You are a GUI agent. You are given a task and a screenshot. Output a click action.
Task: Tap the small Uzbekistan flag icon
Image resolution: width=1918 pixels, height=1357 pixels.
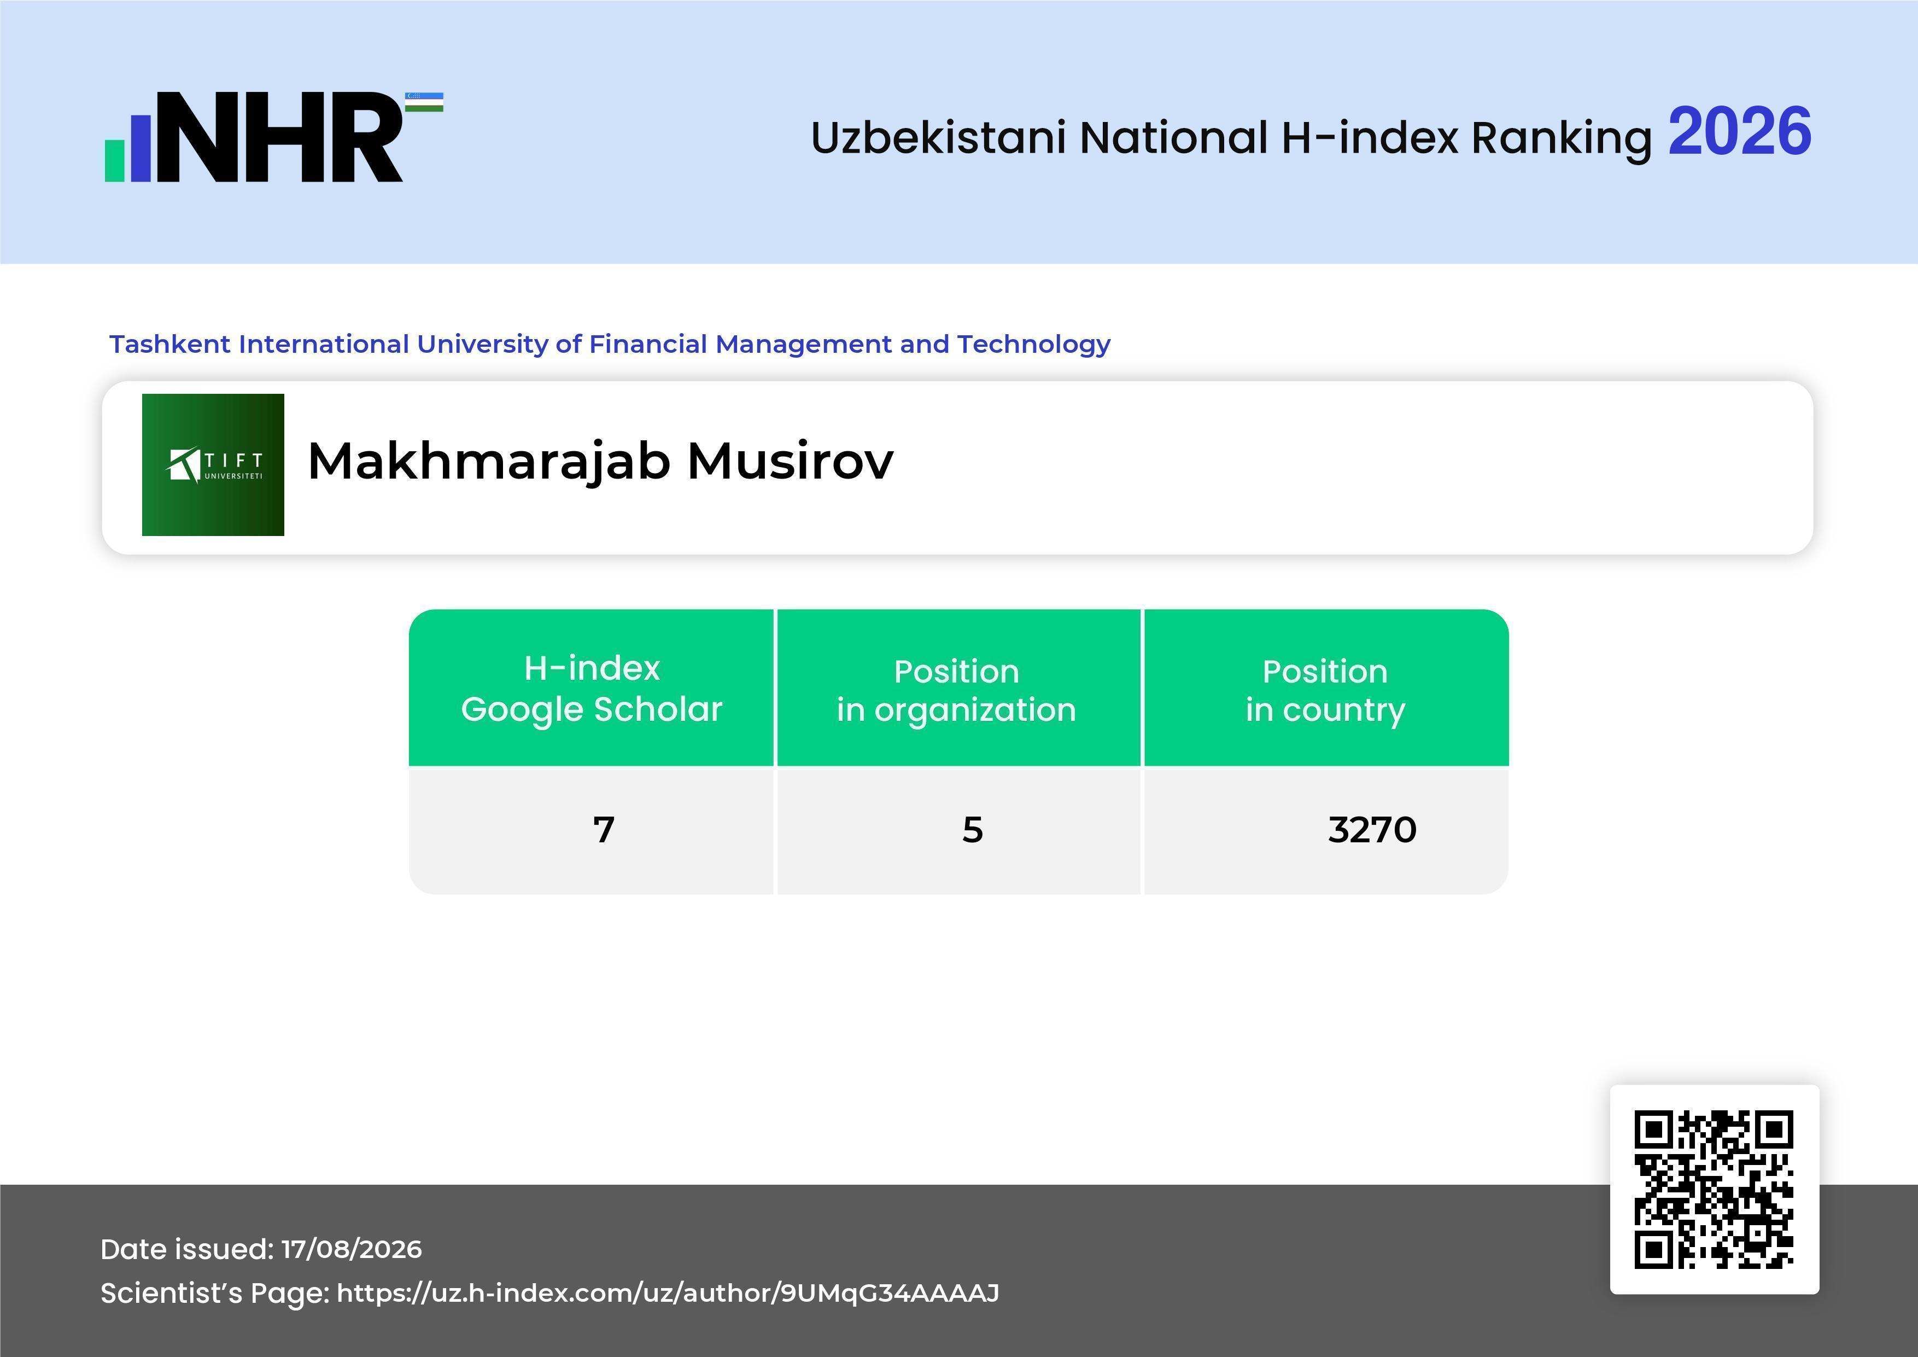(x=424, y=102)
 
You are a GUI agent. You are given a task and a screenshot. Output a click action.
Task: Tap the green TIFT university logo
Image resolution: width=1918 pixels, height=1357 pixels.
(x=213, y=464)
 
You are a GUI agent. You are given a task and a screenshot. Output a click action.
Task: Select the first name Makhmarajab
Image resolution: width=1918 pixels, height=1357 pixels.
(x=489, y=462)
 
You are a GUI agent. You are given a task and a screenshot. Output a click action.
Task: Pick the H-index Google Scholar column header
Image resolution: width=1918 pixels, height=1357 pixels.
(x=592, y=689)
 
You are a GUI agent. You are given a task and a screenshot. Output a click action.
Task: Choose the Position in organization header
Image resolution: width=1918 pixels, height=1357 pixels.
(x=956, y=690)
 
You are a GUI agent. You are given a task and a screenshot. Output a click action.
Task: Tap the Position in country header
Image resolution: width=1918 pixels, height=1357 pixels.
(x=1325, y=690)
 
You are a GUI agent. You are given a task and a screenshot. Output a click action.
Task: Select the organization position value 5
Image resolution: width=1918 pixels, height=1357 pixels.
(x=972, y=830)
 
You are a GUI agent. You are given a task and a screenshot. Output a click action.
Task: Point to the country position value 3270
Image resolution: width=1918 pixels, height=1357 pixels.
(x=1372, y=830)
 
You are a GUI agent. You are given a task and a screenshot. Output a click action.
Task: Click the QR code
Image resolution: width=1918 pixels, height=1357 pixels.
(x=1714, y=1189)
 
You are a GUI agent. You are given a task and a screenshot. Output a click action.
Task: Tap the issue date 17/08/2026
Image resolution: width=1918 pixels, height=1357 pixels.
(x=352, y=1249)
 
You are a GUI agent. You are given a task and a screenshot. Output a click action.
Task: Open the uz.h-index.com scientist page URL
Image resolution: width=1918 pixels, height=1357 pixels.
(x=668, y=1292)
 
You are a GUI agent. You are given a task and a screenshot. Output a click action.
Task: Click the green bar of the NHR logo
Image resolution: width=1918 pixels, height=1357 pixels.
(x=114, y=160)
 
